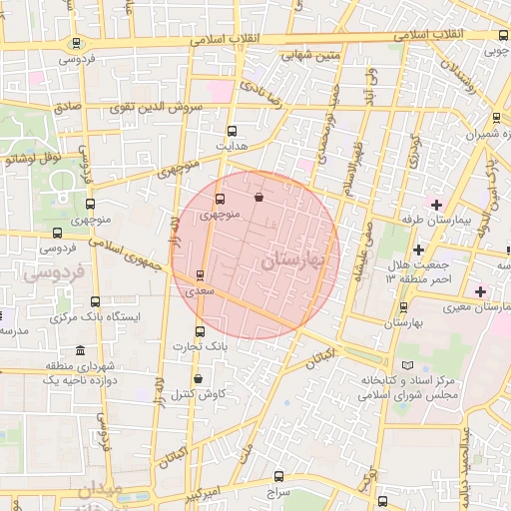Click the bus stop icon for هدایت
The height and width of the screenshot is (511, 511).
[x=233, y=131]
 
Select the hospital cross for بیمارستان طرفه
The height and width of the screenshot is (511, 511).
[x=436, y=204]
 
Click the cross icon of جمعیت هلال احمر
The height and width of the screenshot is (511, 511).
[x=418, y=249]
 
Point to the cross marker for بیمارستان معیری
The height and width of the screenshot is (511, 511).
[x=481, y=291]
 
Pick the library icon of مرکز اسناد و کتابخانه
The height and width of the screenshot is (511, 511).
[x=404, y=366]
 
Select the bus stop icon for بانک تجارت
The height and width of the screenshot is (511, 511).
[x=200, y=331]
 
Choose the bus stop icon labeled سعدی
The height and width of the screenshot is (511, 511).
[x=201, y=274]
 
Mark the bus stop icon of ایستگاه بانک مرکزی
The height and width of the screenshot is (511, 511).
[x=96, y=301]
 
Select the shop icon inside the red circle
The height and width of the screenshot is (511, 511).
[x=259, y=198]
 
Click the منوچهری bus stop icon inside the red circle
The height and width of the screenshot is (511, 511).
[x=221, y=198]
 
